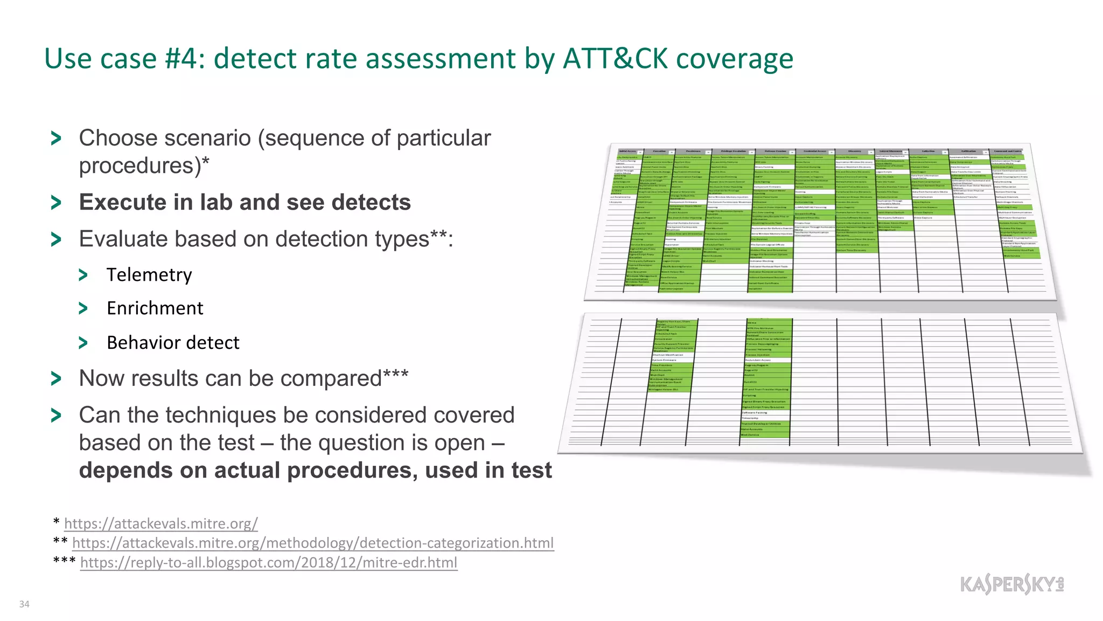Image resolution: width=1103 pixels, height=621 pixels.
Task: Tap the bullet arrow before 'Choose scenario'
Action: click(56, 139)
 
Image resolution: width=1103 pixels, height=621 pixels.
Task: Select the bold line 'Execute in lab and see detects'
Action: click(245, 203)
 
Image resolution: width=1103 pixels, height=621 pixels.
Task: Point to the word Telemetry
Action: click(149, 275)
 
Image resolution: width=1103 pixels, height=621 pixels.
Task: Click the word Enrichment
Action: click(155, 308)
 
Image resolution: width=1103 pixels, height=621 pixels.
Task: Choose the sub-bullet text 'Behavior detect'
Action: click(173, 343)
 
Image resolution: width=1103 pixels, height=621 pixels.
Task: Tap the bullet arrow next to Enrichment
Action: click(83, 308)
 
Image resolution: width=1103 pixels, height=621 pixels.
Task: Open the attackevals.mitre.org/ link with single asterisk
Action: click(160, 523)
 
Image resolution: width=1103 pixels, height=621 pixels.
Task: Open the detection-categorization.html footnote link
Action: click(313, 543)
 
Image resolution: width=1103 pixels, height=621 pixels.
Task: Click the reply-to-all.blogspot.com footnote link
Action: click(269, 562)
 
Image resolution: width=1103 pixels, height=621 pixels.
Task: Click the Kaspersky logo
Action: click(1012, 584)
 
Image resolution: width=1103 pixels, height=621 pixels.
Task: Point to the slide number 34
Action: click(24, 604)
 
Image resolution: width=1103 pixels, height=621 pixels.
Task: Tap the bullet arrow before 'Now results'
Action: click(56, 379)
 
